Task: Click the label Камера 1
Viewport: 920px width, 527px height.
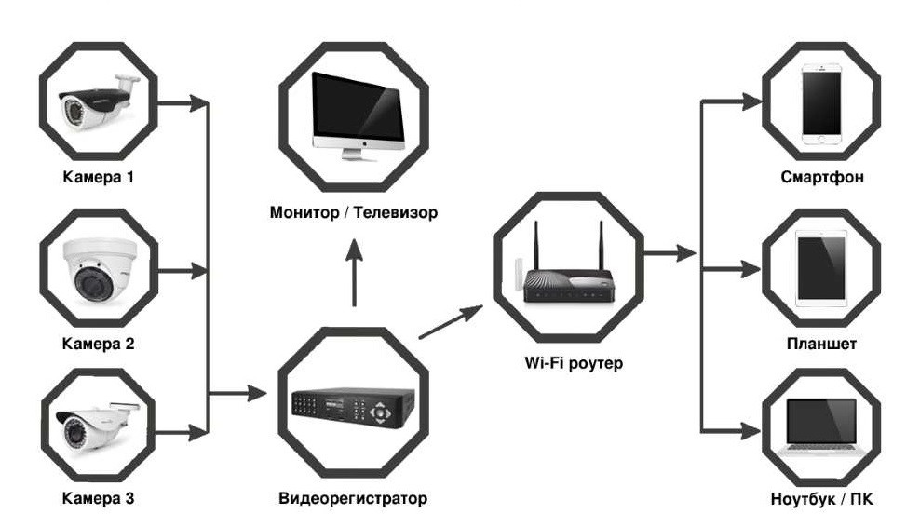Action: click(98, 177)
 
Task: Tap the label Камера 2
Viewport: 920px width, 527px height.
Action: click(98, 344)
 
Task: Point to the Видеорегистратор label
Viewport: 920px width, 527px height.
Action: click(353, 498)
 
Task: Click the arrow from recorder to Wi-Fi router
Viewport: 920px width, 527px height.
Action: click(452, 322)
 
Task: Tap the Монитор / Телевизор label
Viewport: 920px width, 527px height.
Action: click(353, 213)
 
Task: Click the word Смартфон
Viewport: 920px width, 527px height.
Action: click(819, 177)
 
